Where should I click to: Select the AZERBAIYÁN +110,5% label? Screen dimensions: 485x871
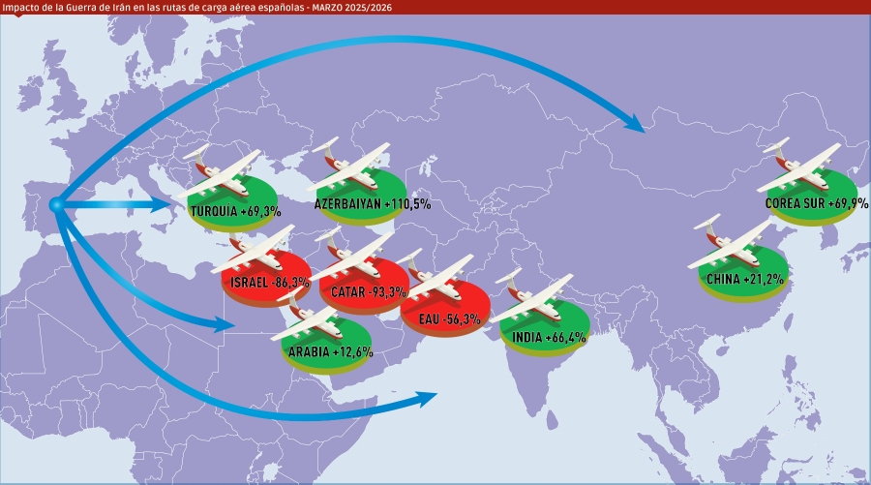tap(372, 204)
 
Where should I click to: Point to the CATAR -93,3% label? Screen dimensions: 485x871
tap(367, 292)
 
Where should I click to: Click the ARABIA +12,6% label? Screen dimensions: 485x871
tap(329, 352)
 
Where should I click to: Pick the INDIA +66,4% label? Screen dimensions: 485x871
tap(544, 337)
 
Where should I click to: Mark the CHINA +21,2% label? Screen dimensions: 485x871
tap(744, 280)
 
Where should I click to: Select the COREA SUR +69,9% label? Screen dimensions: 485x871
tap(816, 204)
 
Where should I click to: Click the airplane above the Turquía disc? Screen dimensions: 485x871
tap(225, 168)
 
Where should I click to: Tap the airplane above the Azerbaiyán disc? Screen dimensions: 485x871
tap(353, 165)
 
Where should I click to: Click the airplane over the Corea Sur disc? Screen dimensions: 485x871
tap(803, 165)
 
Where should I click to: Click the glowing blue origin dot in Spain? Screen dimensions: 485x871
tap(56, 204)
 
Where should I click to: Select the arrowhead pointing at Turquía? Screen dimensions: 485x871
tap(166, 205)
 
